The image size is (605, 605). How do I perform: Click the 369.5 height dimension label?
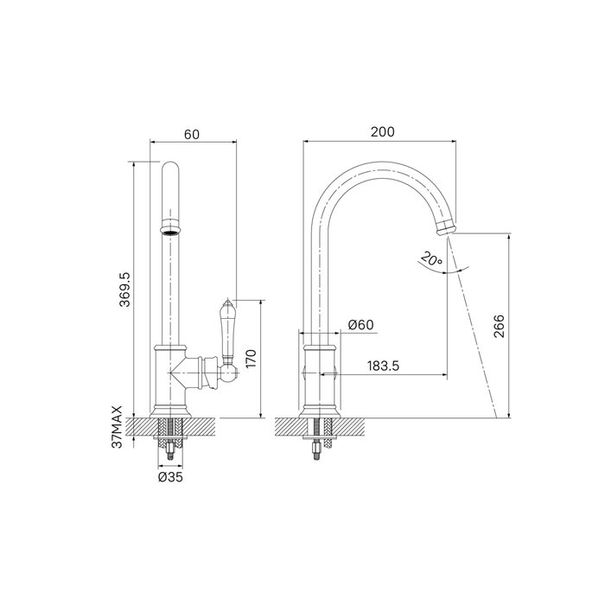click(125, 290)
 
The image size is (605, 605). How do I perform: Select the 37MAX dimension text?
click(117, 427)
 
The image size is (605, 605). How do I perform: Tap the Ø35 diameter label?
click(170, 477)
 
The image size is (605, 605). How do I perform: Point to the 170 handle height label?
click(251, 359)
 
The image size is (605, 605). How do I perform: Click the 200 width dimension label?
click(383, 132)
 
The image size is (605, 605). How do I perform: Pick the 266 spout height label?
click(500, 326)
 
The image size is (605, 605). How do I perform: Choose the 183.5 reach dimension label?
click(383, 366)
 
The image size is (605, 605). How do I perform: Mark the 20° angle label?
click(431, 258)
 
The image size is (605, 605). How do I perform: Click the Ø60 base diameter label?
click(360, 325)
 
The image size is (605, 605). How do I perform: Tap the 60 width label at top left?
click(192, 134)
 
